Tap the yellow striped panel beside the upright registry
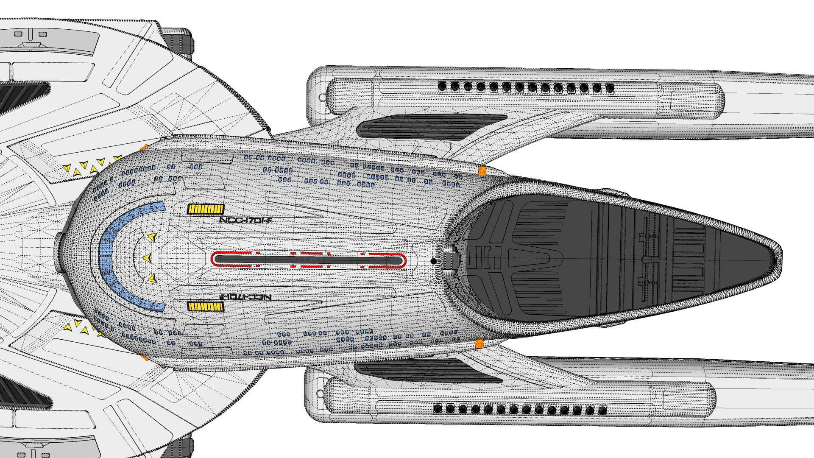[205, 209]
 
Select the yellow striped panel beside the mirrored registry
[205, 306]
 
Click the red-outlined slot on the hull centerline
[308, 259]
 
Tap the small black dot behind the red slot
[433, 261]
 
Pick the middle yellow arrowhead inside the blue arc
[147, 257]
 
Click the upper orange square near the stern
[482, 170]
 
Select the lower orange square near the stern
[479, 344]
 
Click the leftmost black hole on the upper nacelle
[442, 87]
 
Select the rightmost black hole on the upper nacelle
[610, 89]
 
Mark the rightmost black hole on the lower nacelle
[602, 410]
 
